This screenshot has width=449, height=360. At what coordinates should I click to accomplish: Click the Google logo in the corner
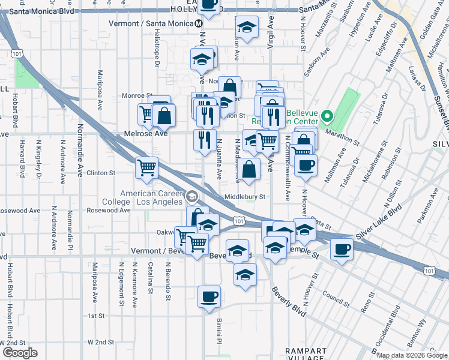point(20,353)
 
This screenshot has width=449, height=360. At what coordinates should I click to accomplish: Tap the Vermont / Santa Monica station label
point(151,23)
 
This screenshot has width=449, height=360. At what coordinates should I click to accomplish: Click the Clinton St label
point(100,173)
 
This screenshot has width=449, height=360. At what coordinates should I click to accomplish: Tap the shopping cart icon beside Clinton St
point(146,167)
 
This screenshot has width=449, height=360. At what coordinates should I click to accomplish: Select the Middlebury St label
point(244,197)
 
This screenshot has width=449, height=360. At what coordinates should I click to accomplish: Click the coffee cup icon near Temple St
point(342,249)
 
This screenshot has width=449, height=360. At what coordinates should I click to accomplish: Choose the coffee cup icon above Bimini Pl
point(209,296)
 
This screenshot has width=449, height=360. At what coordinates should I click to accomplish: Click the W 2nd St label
point(100,342)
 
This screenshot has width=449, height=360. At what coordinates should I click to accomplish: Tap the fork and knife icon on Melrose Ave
point(205,140)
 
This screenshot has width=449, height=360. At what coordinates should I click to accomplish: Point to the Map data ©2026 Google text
point(412,355)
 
